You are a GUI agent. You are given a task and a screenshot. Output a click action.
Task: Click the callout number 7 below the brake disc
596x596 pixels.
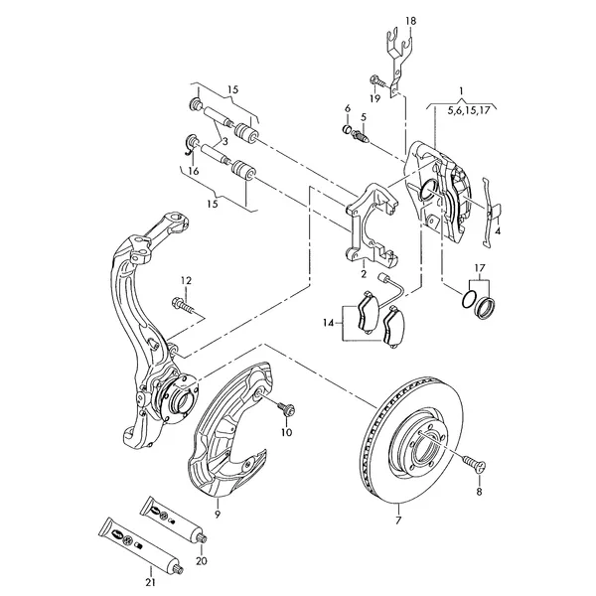(x=398, y=520)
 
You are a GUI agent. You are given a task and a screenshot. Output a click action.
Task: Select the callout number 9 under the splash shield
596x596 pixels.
(x=217, y=515)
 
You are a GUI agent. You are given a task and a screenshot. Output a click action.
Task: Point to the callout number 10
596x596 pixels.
(x=286, y=433)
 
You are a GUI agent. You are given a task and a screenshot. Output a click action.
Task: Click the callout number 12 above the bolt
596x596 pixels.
(x=184, y=280)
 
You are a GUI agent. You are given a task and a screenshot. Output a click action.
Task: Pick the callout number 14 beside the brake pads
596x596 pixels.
(x=329, y=322)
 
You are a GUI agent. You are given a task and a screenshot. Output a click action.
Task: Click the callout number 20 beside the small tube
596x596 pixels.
(x=202, y=560)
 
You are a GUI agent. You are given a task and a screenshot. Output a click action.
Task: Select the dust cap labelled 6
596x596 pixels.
(x=348, y=129)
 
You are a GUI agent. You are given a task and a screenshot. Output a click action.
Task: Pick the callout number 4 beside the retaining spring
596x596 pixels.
(x=497, y=230)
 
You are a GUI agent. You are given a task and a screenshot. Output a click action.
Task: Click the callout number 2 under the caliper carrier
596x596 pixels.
(x=364, y=273)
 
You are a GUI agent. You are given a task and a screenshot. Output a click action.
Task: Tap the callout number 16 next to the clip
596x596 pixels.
(x=195, y=171)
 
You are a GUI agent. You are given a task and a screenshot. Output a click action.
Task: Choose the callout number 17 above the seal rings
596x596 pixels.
(x=479, y=268)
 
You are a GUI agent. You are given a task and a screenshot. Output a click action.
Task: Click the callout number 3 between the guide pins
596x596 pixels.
(x=224, y=143)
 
